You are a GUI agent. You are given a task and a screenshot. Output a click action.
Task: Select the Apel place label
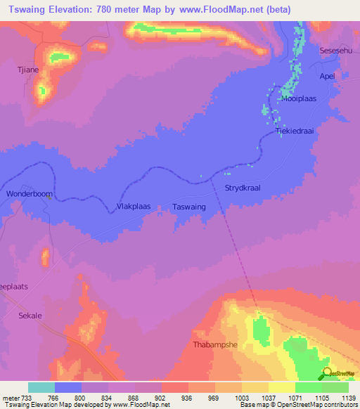(327, 75)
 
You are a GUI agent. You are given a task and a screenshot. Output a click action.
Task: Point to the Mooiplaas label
(300, 99)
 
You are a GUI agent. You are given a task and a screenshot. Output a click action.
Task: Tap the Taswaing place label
(189, 207)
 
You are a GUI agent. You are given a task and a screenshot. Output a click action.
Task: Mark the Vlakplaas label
(133, 207)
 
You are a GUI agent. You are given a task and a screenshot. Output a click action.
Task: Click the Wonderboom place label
(26, 193)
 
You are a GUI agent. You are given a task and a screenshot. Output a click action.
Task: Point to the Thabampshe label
(212, 345)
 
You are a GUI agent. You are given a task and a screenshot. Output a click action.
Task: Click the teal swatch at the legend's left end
(41, 387)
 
